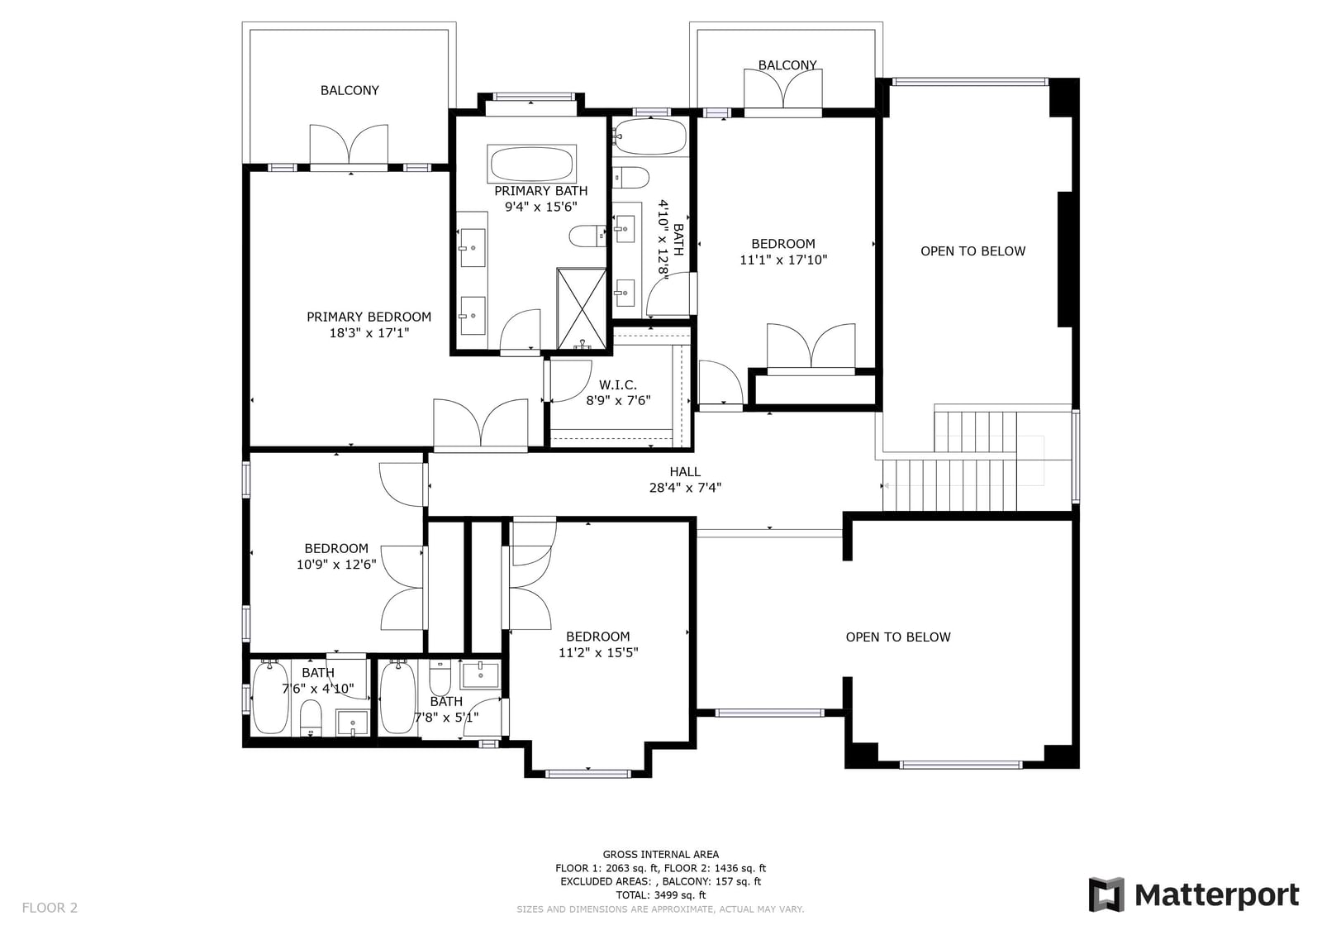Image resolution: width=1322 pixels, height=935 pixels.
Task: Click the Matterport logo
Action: point(1193,894)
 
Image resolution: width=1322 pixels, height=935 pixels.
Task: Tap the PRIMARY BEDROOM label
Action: point(369,317)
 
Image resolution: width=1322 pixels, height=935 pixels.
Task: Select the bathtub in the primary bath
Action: point(531,164)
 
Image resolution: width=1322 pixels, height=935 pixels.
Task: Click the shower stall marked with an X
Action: point(582,309)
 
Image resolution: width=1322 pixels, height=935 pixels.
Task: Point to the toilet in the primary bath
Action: point(587,236)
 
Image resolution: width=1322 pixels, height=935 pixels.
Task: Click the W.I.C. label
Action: point(618,385)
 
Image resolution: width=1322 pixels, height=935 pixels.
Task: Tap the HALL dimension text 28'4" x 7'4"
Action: point(685,488)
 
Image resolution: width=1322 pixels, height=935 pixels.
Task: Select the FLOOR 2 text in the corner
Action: point(50,908)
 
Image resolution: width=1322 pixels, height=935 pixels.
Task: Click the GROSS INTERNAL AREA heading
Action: point(660,854)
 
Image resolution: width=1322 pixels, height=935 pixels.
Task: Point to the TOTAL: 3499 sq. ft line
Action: point(660,894)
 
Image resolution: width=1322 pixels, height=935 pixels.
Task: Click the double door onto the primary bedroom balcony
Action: point(349,145)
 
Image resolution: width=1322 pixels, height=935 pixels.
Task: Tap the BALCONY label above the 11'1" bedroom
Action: point(787,65)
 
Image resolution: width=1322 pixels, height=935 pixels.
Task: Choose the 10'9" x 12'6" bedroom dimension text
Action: point(336,565)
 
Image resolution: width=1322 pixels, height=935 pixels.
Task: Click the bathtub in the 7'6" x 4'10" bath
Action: point(270,698)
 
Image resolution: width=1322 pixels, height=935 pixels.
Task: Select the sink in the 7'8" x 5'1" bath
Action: point(480,675)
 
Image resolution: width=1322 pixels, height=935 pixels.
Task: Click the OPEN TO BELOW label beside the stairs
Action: point(972,251)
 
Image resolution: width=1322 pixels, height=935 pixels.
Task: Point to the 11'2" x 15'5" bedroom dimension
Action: point(598,652)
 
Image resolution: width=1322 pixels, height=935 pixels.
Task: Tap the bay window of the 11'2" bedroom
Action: point(587,774)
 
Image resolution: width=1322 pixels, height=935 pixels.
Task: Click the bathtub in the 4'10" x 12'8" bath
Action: point(650,137)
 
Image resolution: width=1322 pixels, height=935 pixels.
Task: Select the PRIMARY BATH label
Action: point(540,191)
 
